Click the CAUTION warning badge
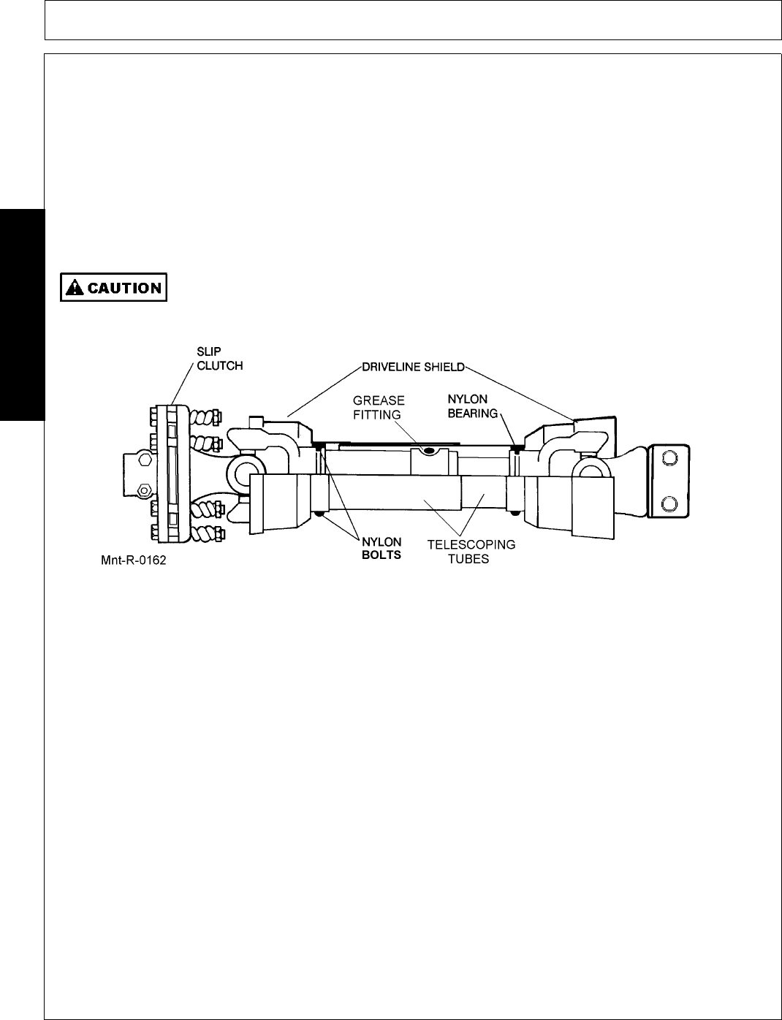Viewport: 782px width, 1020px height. tap(113, 287)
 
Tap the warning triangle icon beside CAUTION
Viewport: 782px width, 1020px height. tap(74, 288)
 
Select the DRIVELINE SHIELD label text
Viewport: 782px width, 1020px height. tap(413, 365)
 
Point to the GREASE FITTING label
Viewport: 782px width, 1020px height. tap(379, 408)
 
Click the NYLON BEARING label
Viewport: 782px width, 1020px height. tap(472, 406)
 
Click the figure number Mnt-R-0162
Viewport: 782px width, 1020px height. tap(133, 564)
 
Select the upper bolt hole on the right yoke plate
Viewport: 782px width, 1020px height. tap(669, 459)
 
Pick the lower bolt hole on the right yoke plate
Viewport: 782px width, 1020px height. tap(669, 503)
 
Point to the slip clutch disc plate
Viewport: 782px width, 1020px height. tap(170, 475)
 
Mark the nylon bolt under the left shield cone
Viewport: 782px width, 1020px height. tap(320, 517)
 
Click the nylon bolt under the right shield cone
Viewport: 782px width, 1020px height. tap(516, 512)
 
